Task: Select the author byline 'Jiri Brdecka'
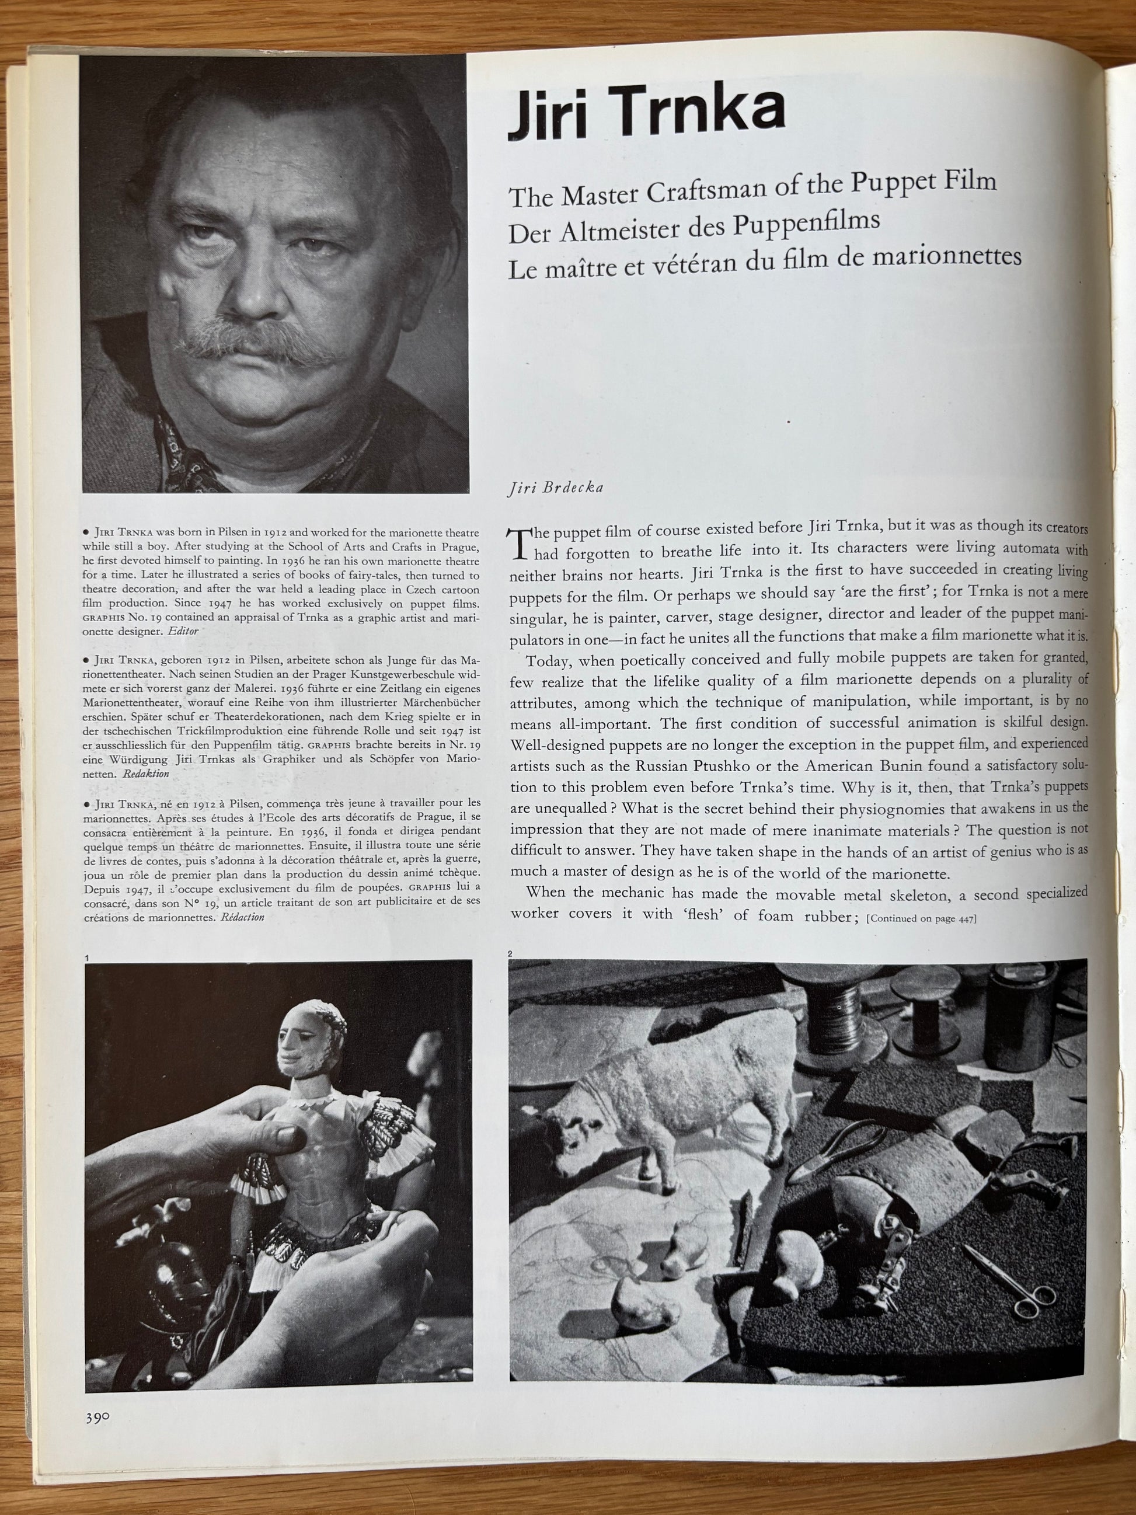[x=556, y=487]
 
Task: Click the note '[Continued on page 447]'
[x=921, y=918]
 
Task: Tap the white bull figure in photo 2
[x=657, y=1085]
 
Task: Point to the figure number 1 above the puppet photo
[x=88, y=957]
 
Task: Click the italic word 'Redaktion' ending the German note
[x=146, y=774]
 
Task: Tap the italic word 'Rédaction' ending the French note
[x=242, y=917]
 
